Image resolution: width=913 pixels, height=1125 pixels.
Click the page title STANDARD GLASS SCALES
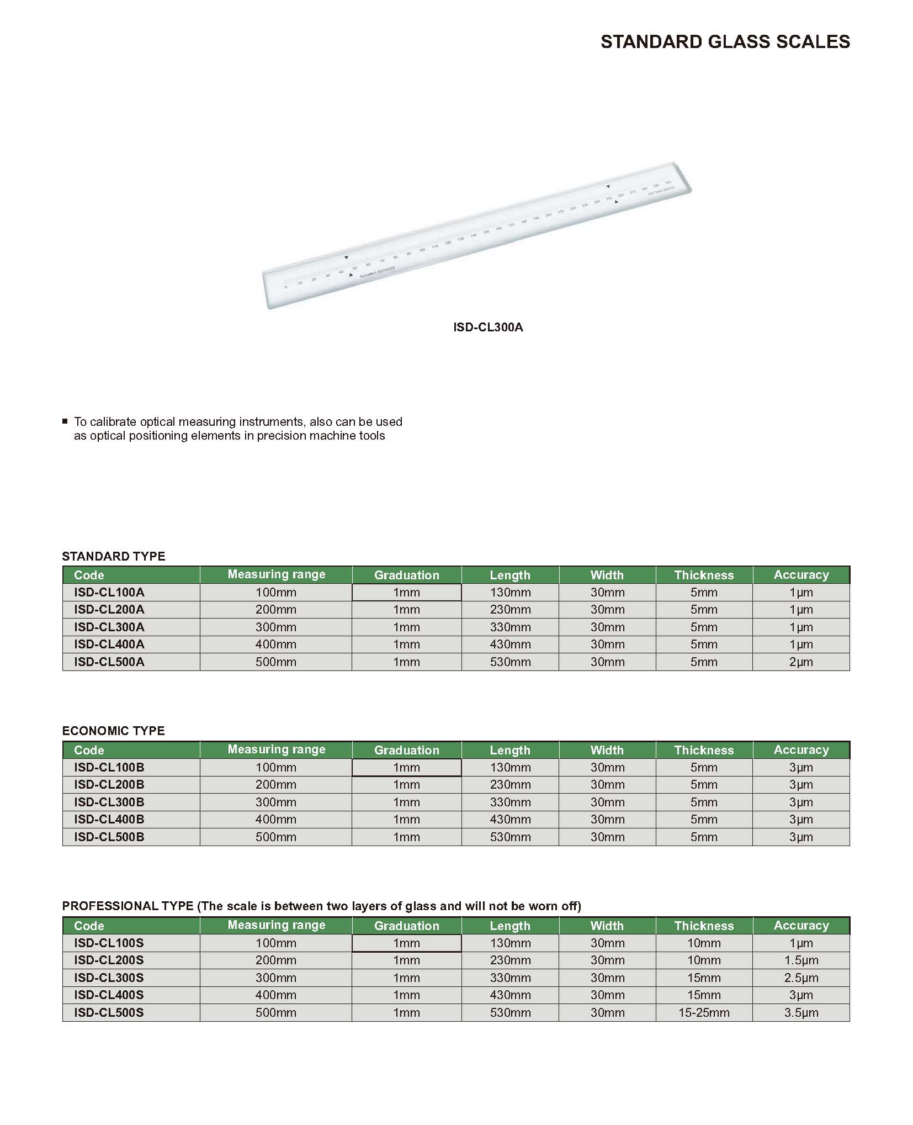click(725, 42)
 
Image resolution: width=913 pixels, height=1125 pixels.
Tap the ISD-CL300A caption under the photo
click(488, 328)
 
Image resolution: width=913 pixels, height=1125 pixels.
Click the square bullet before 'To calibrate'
click(65, 421)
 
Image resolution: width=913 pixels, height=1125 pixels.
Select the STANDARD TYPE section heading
click(114, 556)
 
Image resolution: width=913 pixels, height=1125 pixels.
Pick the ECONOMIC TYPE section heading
click(114, 731)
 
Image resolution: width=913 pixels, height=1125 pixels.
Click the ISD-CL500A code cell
click(109, 662)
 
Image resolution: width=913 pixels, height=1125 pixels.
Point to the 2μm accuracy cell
click(801, 662)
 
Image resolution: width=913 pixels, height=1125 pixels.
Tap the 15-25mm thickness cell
click(704, 1012)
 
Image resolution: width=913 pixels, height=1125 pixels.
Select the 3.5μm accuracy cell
click(801, 1012)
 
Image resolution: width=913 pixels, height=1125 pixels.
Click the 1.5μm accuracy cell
click(801, 960)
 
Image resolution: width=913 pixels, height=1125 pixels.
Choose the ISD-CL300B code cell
click(109, 802)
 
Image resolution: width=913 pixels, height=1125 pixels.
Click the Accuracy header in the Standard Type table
click(801, 575)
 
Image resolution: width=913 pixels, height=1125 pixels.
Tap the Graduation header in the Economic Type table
click(407, 750)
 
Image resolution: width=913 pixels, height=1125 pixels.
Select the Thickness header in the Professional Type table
click(704, 926)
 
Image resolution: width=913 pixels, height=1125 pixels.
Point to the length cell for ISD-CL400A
click(510, 644)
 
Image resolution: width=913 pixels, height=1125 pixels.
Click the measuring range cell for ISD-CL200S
click(276, 960)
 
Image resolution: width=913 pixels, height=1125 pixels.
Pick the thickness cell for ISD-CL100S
click(704, 943)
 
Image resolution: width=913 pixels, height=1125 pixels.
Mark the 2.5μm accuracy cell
click(801, 978)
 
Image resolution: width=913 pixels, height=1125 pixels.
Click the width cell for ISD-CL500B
click(607, 837)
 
